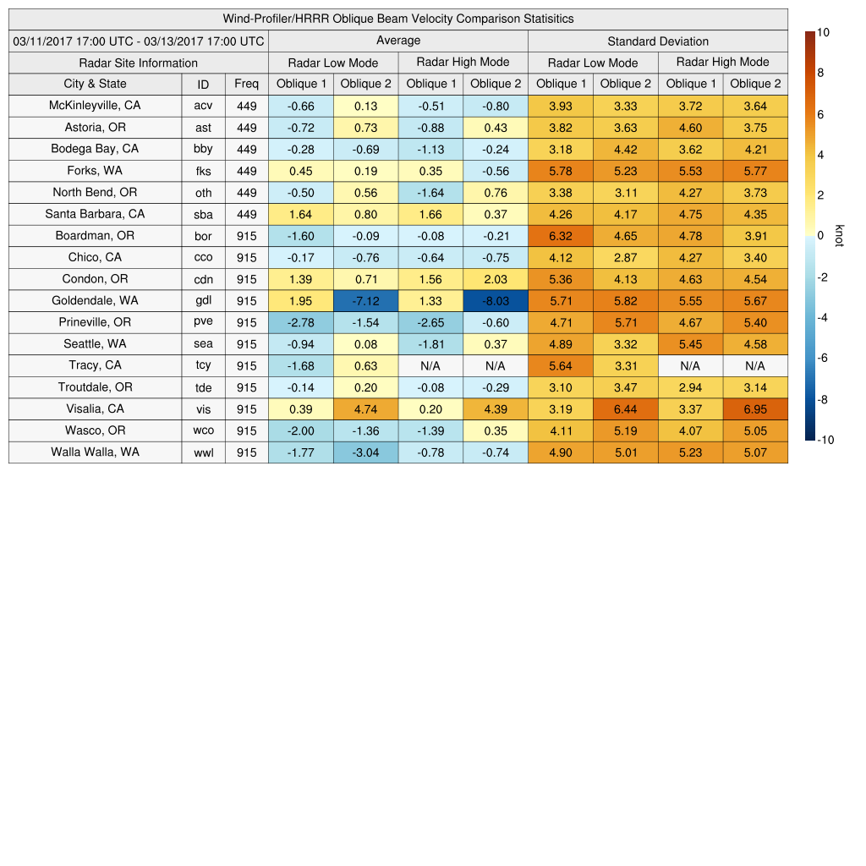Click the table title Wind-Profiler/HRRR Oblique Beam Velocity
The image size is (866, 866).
(398, 19)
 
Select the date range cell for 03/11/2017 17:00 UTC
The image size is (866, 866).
(139, 41)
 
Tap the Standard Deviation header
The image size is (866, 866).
(658, 41)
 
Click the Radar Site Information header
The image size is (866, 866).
(139, 63)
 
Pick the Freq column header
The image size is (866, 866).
(247, 84)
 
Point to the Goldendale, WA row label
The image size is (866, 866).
(95, 300)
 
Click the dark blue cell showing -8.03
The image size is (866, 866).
(496, 301)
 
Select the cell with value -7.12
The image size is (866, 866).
(365, 301)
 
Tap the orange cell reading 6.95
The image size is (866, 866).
(755, 409)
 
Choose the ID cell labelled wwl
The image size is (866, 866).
(203, 452)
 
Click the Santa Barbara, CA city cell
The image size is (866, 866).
(95, 214)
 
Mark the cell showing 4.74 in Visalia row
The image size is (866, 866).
(365, 409)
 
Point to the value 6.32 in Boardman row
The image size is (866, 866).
(561, 236)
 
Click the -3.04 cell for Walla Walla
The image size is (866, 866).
(365, 452)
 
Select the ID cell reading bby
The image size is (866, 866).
(203, 149)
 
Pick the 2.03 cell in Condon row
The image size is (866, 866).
(496, 279)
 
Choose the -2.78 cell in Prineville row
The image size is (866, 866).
(300, 322)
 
